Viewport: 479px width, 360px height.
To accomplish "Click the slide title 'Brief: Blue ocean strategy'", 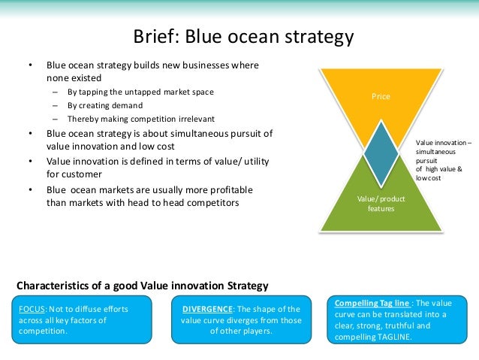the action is coord(243,36).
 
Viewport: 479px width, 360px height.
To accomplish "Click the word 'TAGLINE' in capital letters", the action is coord(399,336).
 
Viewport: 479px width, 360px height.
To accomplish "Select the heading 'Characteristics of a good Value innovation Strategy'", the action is coord(142,285).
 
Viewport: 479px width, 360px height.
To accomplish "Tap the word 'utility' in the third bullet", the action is coord(254,162).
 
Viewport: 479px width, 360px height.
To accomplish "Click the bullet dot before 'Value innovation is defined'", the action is coord(31,162).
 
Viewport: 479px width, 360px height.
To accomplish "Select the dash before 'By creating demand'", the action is coord(55,105).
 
